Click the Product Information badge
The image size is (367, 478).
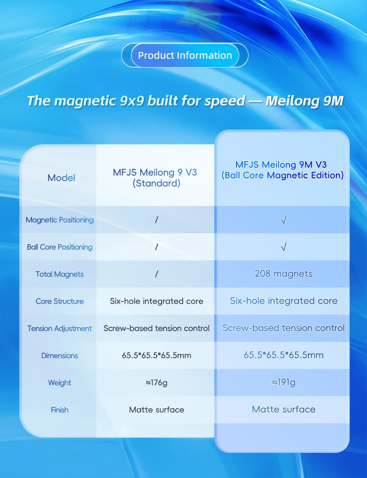point(185,55)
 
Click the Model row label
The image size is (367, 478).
point(61,178)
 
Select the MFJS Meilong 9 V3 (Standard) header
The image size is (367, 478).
point(155,178)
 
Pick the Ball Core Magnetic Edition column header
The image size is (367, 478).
point(282,170)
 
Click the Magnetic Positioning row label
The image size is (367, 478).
point(59,220)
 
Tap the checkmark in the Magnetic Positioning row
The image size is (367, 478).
point(284,220)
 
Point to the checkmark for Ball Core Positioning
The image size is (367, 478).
point(284,247)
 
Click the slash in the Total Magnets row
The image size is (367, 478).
point(156,274)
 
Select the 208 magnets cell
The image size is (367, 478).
point(284,274)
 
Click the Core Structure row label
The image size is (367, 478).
point(59,301)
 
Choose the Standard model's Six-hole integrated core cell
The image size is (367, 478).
point(156,301)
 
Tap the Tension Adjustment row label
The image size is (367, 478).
point(59,328)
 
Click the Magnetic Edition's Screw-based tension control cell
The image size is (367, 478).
point(284,328)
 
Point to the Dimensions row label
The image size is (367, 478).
point(59,355)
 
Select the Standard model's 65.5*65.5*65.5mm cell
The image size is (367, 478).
point(156,355)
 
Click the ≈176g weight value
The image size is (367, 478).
point(156,382)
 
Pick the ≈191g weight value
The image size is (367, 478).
point(284,382)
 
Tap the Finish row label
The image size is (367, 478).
point(59,409)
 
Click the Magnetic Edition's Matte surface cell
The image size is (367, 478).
point(284,409)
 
